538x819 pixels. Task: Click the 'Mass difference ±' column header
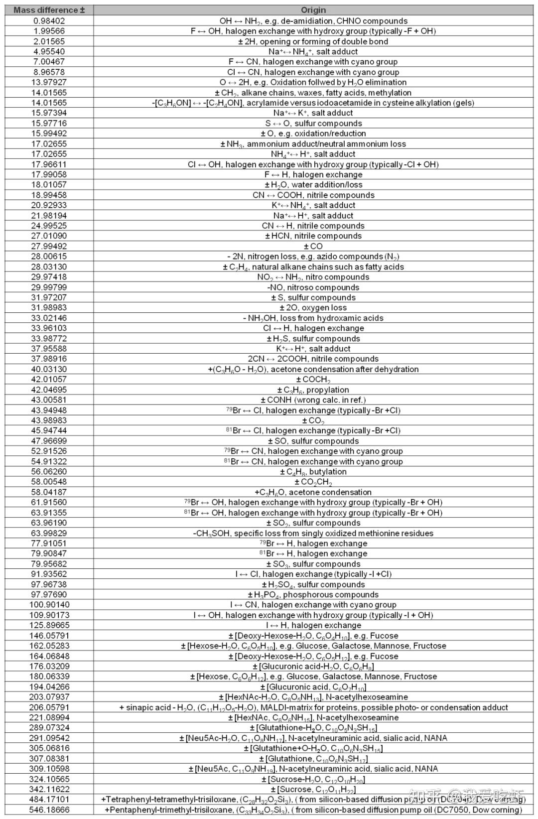pos(49,10)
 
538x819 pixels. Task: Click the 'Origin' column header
pos(313,10)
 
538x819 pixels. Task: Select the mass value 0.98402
pos(49,21)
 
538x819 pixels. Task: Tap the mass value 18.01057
pos(49,185)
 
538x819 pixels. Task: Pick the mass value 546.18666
pos(49,810)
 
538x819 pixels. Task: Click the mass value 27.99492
pos(49,247)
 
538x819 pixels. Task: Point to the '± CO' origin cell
pos(313,247)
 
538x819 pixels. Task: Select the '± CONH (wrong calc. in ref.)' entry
pos(313,400)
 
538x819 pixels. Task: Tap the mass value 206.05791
pos(49,707)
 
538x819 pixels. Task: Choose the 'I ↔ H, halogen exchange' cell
pos(313,625)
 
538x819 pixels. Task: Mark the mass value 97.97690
pos(49,595)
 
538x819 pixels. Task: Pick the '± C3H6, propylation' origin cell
pos(313,390)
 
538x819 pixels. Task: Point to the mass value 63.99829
pos(49,533)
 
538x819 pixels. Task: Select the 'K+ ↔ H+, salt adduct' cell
pos(313,349)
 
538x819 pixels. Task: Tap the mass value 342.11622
pos(49,790)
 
